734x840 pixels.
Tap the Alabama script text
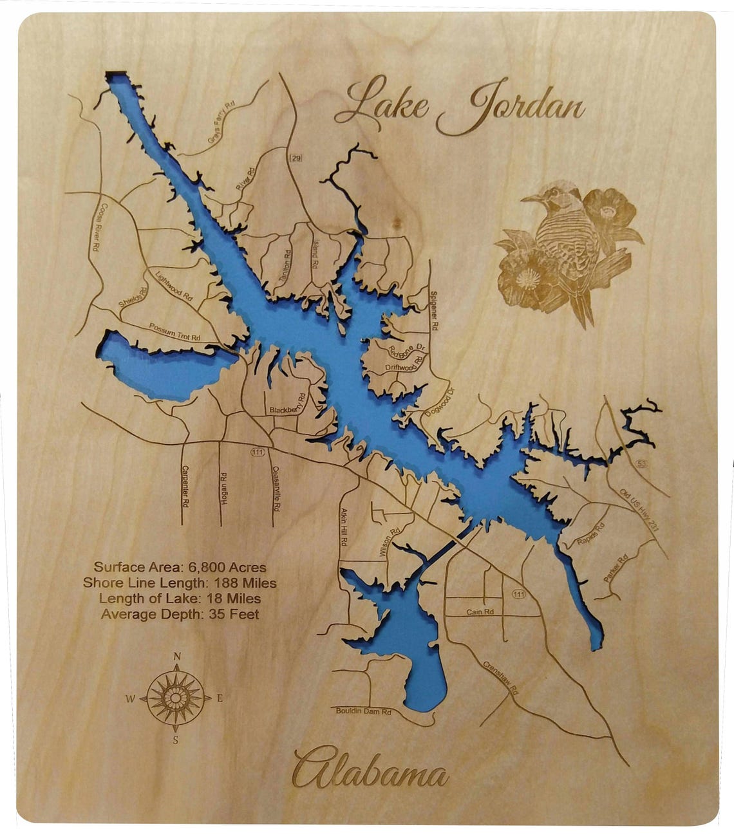(370, 769)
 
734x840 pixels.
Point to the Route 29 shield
(296, 158)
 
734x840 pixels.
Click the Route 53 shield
(648, 463)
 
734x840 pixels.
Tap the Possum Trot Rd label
(174, 331)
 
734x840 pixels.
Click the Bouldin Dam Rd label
(364, 711)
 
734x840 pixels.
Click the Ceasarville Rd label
(276, 489)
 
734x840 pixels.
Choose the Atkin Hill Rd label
(343, 527)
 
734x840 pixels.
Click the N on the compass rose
(177, 657)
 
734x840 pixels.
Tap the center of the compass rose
(176, 698)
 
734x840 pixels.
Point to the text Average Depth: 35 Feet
(180, 614)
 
